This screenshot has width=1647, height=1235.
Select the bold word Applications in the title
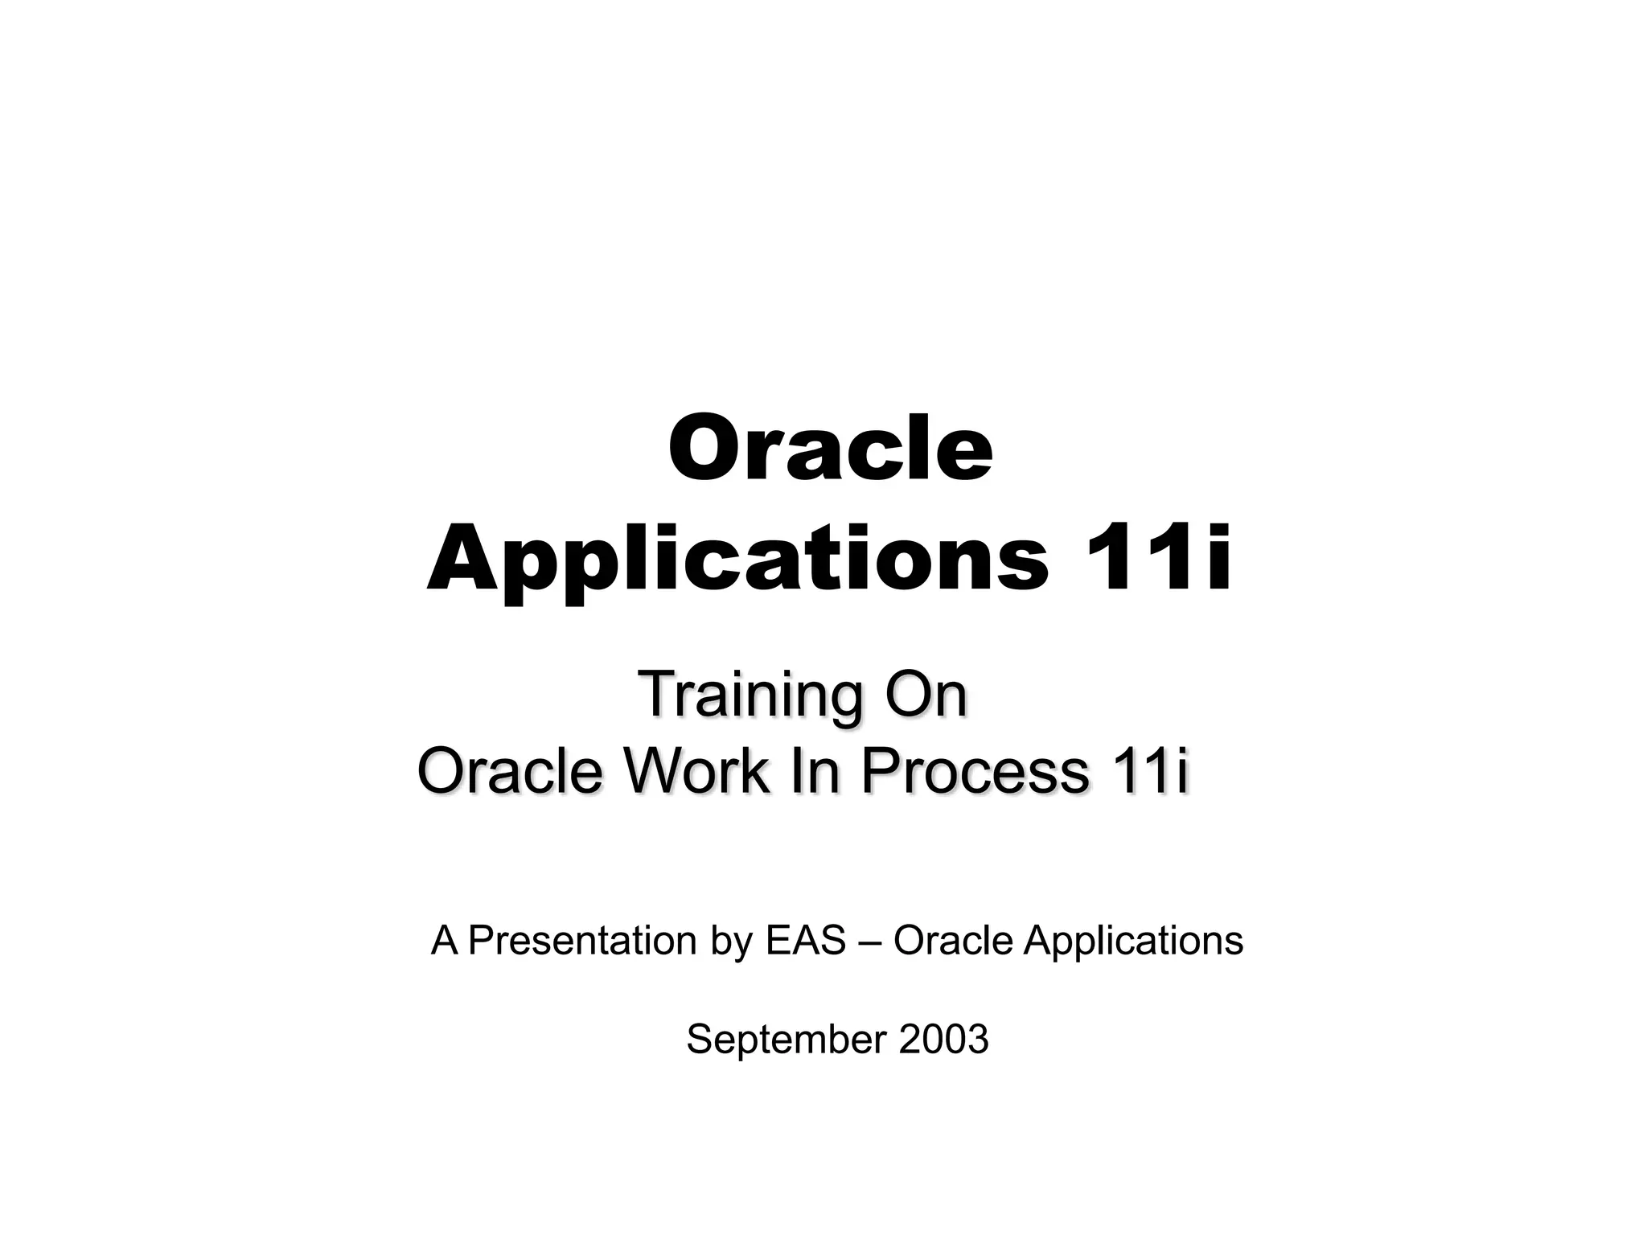pyautogui.click(x=737, y=560)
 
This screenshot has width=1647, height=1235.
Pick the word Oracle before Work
pyautogui.click(x=510, y=770)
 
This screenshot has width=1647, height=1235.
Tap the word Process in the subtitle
pyautogui.click(x=975, y=770)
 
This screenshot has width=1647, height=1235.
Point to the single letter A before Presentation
pyautogui.click(x=444, y=940)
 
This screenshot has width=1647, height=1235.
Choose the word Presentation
pyautogui.click(x=582, y=940)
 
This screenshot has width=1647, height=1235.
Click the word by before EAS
pyautogui.click(x=731, y=942)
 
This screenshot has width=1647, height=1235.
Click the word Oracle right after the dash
pyautogui.click(x=953, y=940)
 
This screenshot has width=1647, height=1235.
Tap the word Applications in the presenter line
pyautogui.click(x=1133, y=942)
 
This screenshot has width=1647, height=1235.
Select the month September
pyautogui.click(x=786, y=1040)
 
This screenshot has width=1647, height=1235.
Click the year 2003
pyautogui.click(x=943, y=1039)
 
